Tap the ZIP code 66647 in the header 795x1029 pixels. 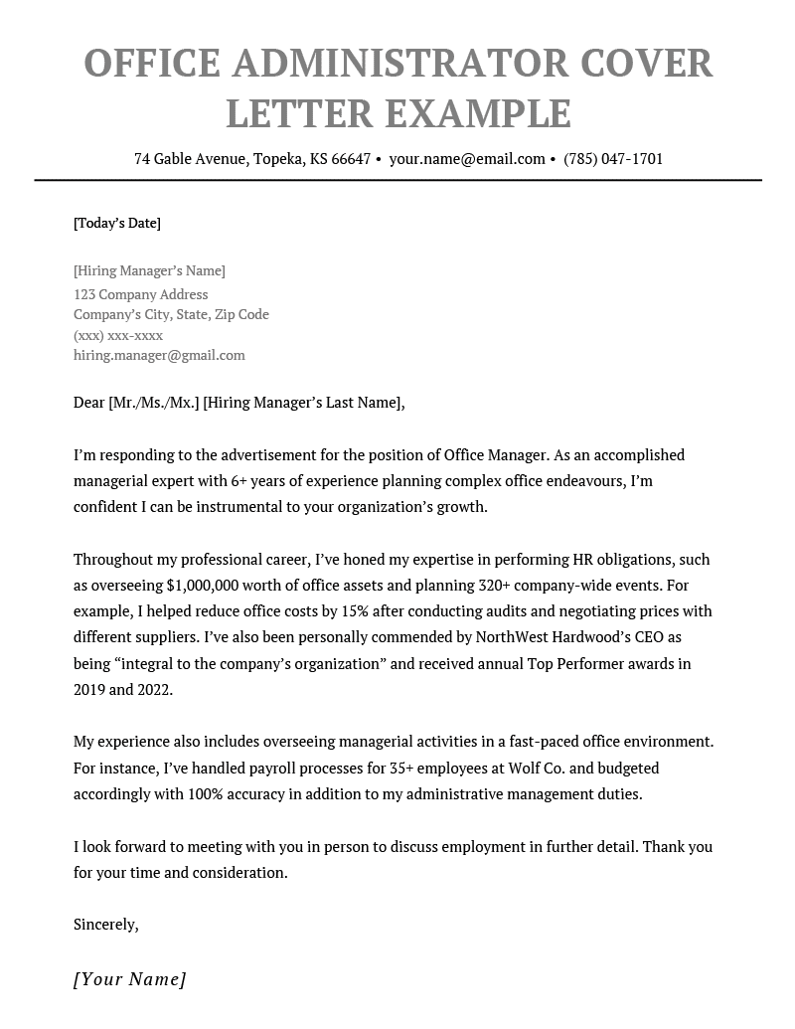[351, 159]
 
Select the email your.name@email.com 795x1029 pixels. [467, 159]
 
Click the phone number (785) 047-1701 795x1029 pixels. [613, 159]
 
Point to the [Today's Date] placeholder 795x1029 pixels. [117, 223]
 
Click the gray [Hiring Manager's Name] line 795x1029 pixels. [149, 270]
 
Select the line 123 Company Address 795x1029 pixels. [141, 294]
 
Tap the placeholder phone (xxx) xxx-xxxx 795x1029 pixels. [118, 335]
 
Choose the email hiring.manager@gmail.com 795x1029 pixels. [159, 355]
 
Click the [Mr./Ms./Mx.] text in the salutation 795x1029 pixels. [153, 403]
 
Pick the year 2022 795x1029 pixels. [152, 689]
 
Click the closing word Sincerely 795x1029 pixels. [105, 925]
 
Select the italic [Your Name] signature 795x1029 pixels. [130, 979]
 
